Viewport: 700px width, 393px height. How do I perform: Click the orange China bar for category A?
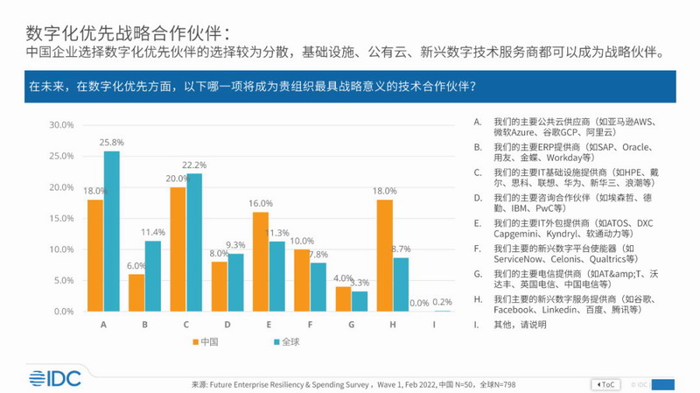(x=95, y=255)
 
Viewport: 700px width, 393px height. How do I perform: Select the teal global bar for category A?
(x=111, y=231)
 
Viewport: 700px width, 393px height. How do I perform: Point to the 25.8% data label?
(x=113, y=141)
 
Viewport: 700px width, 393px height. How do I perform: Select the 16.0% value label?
(x=260, y=203)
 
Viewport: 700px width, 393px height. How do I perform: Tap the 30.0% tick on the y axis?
(x=60, y=125)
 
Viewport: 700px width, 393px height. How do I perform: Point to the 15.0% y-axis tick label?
(x=60, y=219)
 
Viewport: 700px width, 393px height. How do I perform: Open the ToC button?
(x=606, y=383)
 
